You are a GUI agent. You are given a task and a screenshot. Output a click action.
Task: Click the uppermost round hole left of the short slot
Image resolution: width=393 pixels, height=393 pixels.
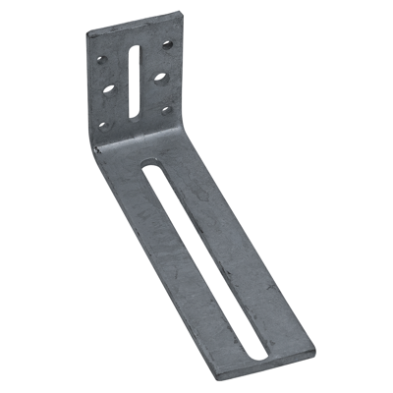pyautogui.click(x=101, y=60)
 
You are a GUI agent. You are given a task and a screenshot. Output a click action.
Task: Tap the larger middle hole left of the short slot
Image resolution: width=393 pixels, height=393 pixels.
pyautogui.click(x=108, y=88)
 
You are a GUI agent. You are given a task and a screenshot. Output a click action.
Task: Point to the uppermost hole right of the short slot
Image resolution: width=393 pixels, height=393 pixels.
pyautogui.click(x=168, y=45)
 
